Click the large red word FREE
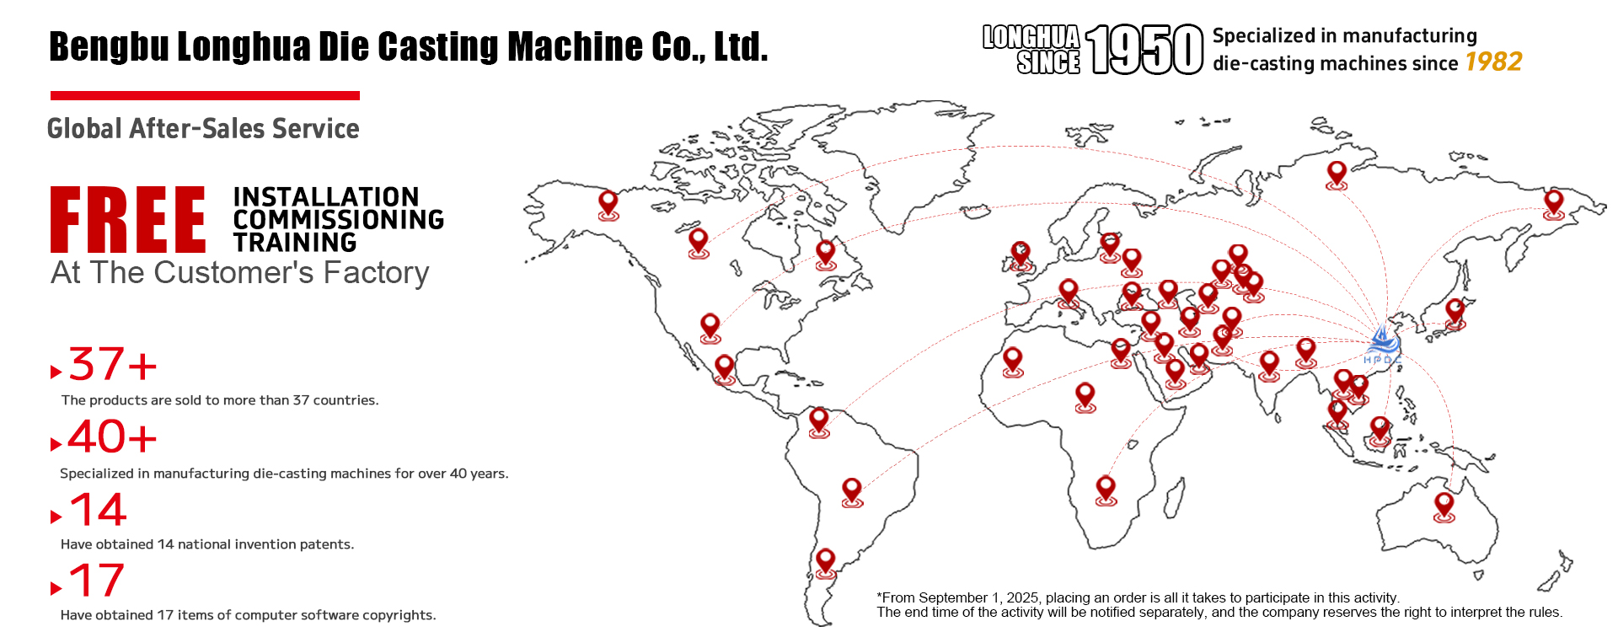pos(127,220)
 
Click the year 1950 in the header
pos(1144,50)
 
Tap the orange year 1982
pos(1493,62)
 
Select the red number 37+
pos(112,365)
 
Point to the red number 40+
pos(112,437)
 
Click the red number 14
pos(98,510)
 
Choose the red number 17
pos(97,581)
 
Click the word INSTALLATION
pos(326,197)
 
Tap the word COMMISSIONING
pos(338,220)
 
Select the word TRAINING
pos(295,243)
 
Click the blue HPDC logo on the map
pos(1382,345)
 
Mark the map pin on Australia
pos(1444,506)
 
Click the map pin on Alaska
pos(608,204)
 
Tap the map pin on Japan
pos(1455,312)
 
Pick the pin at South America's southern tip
pos(826,561)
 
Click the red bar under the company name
pos(205,96)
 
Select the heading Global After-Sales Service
pos(203,129)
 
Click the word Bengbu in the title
pos(109,47)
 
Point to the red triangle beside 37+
pos(56,372)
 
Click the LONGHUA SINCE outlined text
pos(1031,50)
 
